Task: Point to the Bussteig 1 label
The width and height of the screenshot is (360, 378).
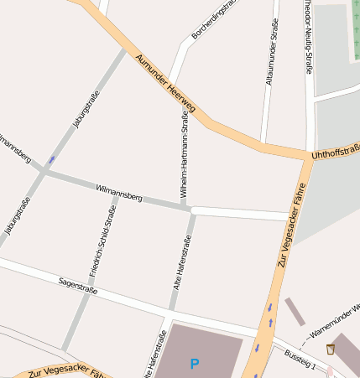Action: [300, 360]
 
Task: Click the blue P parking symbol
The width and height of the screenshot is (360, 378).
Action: [195, 364]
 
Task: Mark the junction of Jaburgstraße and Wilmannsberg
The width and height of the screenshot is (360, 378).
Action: [44, 171]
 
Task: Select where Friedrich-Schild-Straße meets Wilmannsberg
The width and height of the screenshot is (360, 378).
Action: [116, 190]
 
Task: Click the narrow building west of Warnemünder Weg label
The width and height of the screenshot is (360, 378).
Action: [295, 311]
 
